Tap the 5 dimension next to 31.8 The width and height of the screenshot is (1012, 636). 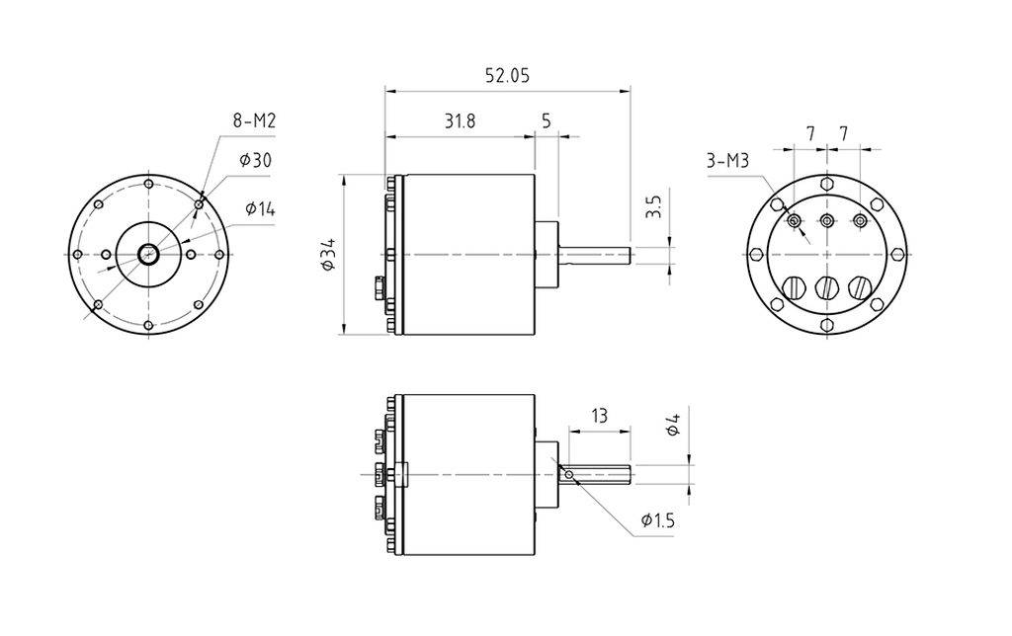pyautogui.click(x=547, y=121)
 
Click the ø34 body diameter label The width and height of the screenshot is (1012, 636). pyautogui.click(x=329, y=255)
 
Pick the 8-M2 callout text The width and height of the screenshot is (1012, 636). pyautogui.click(x=254, y=121)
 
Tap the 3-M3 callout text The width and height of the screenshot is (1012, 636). pyautogui.click(x=727, y=161)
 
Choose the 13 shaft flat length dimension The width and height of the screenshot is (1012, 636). pyautogui.click(x=599, y=416)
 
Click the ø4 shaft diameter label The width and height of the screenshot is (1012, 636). pyautogui.click(x=673, y=427)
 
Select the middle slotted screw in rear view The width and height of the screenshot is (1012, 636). pyautogui.click(x=826, y=288)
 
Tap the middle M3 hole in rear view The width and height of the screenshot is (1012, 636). pyautogui.click(x=826, y=220)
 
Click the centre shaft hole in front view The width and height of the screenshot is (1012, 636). pyautogui.click(x=149, y=255)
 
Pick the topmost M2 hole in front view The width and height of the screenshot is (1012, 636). pyautogui.click(x=149, y=185)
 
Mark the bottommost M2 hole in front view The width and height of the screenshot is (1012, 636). pyautogui.click(x=149, y=325)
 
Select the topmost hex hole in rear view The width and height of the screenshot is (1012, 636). pyautogui.click(x=826, y=184)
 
